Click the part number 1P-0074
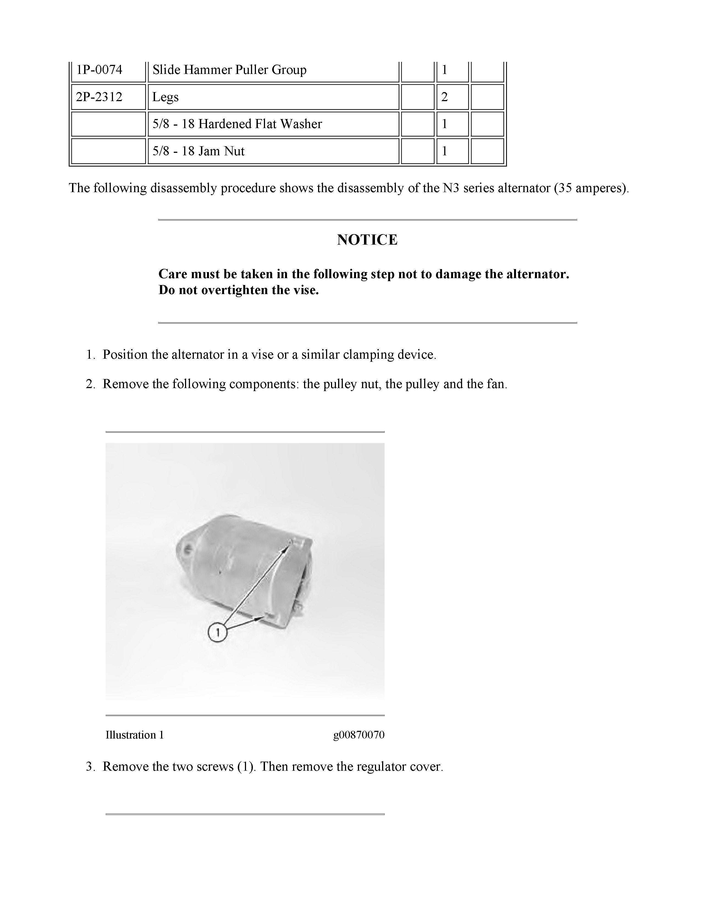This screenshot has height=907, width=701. point(99,70)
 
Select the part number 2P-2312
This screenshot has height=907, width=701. point(99,97)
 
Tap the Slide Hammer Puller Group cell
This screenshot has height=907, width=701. point(229,70)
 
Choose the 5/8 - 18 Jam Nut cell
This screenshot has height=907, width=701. point(198,151)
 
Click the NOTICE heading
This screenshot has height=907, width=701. point(367,240)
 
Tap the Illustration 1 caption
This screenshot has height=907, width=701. point(134,735)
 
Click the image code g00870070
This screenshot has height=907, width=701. point(359,735)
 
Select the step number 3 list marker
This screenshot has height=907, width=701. point(90,767)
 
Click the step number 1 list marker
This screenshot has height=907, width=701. point(90,355)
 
